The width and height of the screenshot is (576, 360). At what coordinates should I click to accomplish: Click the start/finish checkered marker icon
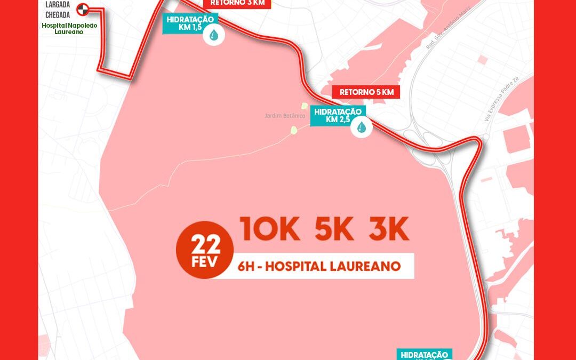(x=83, y=9)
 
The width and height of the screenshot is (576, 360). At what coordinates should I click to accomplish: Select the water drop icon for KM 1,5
(x=214, y=36)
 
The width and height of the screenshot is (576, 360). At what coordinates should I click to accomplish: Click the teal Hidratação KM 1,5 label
(x=190, y=23)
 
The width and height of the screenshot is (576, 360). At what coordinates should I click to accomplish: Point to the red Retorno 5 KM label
(x=366, y=92)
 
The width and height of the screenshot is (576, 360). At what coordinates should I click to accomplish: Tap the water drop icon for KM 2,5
(x=362, y=127)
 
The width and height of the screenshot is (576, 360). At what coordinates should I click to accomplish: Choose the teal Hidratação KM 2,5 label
(x=338, y=116)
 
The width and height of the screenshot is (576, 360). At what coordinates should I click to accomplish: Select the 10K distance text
(x=269, y=229)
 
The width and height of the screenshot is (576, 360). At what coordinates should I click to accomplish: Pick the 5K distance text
(x=334, y=229)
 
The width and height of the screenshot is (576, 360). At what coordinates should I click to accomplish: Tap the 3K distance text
(x=389, y=229)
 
